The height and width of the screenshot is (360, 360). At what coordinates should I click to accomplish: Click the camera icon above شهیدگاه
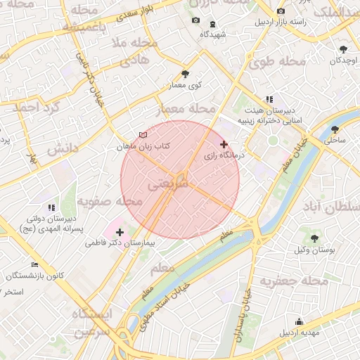coord(195,20)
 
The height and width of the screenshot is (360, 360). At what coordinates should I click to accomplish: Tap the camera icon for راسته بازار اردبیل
coord(281,11)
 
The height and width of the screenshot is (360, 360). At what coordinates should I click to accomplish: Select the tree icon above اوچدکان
coord(343,49)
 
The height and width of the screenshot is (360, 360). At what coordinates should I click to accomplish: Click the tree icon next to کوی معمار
coord(185,74)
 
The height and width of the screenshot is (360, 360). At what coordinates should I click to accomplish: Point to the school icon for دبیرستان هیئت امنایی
coord(269,100)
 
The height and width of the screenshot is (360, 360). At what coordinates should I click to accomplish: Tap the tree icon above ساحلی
coord(335,129)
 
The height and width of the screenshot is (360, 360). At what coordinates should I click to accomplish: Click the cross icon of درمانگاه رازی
coord(224,144)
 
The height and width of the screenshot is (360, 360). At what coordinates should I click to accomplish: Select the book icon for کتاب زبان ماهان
coord(143,135)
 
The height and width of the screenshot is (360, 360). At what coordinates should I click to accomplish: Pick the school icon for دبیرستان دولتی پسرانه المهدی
coord(51,207)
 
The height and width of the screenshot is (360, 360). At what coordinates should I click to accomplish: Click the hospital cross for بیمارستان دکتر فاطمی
coord(120,231)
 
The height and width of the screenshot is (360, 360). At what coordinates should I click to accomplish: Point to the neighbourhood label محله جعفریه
coord(295,282)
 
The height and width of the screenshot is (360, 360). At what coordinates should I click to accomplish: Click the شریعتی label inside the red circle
coord(172,182)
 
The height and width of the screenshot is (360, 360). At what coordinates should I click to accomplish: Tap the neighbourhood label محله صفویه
coord(109,202)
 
